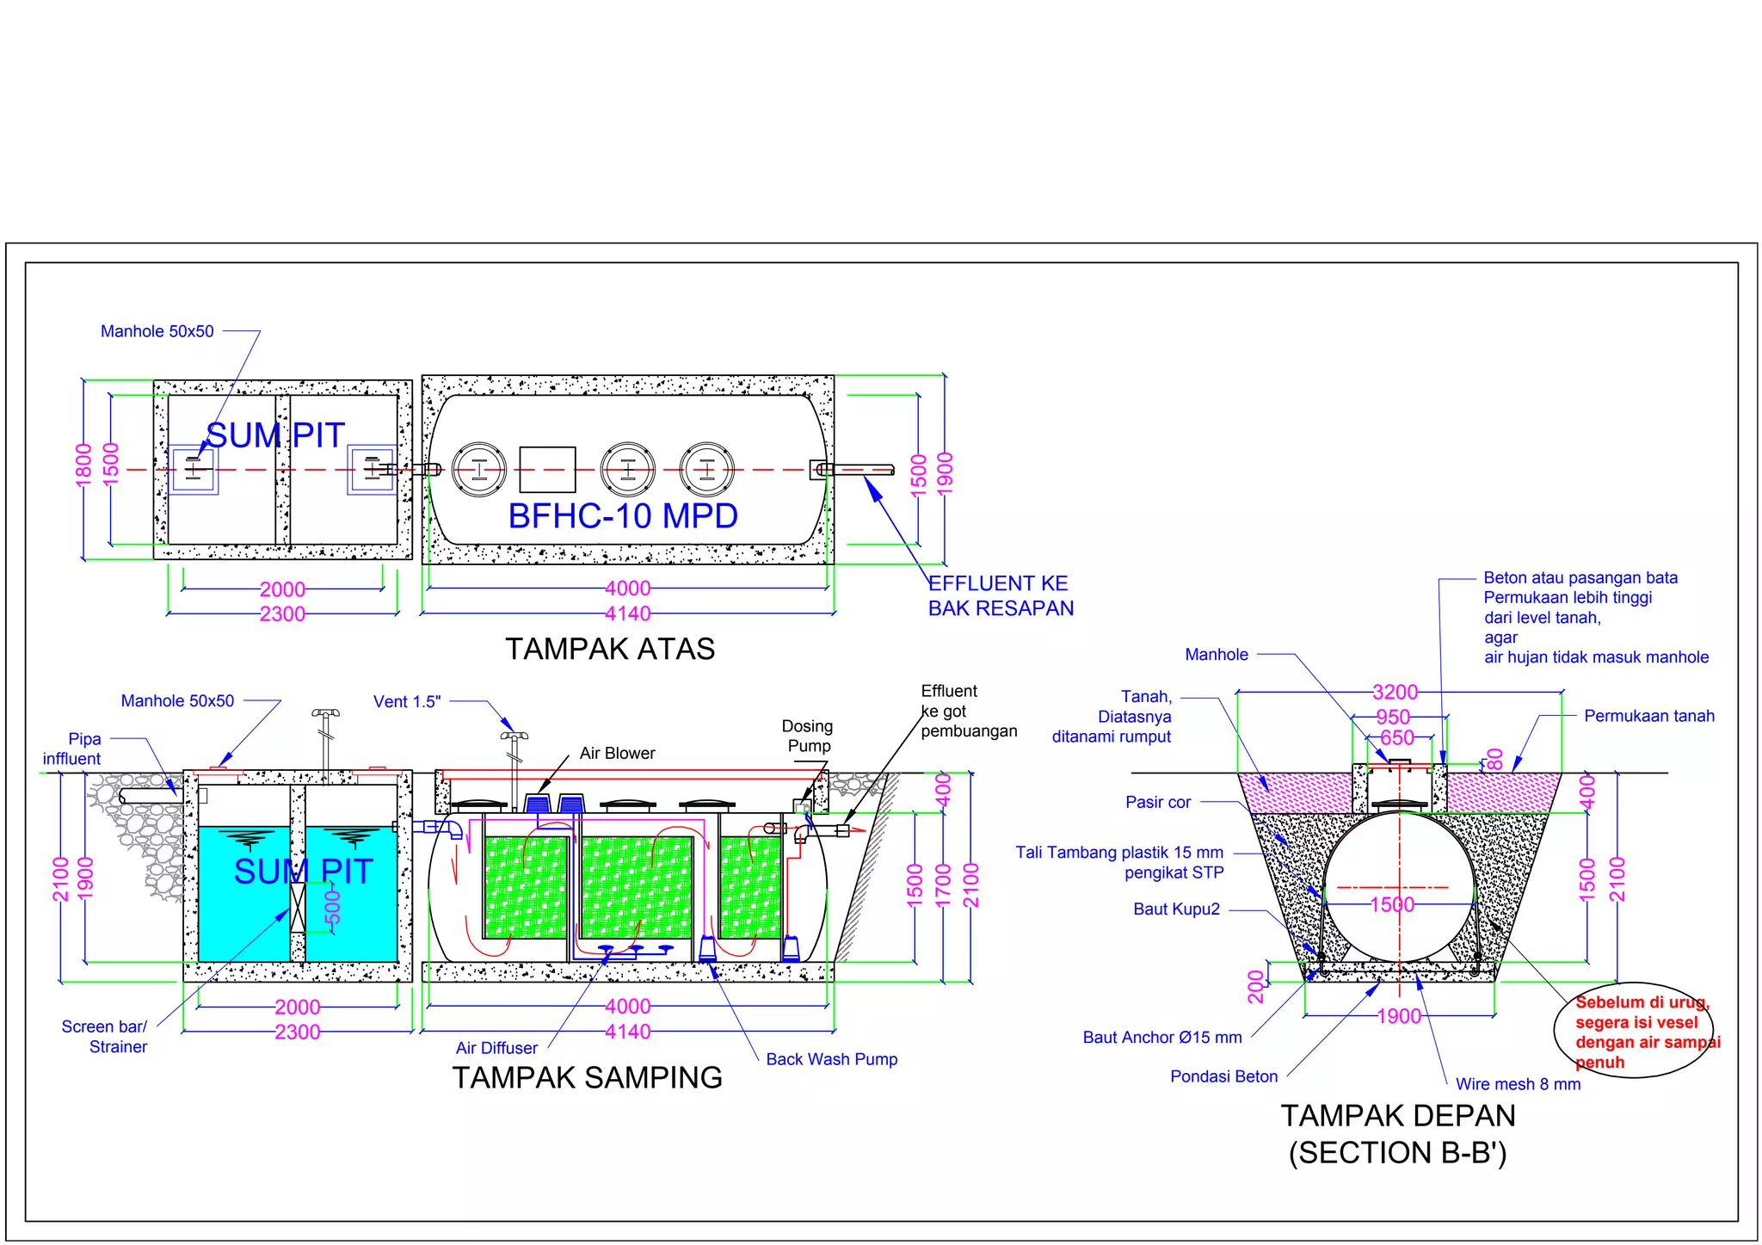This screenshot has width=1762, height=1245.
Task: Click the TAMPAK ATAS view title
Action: (x=609, y=649)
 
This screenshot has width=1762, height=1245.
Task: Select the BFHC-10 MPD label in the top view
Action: (x=623, y=516)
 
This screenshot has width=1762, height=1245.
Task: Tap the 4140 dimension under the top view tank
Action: (x=627, y=613)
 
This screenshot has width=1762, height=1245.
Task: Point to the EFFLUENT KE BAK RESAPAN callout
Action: (x=1000, y=595)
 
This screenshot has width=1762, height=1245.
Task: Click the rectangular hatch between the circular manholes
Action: (x=548, y=470)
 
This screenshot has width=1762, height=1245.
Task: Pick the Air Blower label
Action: (x=617, y=753)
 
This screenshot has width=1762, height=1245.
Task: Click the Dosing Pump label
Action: (x=807, y=736)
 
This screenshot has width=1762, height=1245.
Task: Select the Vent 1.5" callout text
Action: (x=407, y=701)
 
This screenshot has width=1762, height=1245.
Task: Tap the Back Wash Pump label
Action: (x=831, y=1059)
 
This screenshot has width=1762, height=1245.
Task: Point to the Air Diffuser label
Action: (x=496, y=1048)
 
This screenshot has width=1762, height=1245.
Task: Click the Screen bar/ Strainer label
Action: (x=105, y=1037)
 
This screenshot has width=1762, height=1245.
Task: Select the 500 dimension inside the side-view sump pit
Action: (x=333, y=908)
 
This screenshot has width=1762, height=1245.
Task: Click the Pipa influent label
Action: (x=73, y=749)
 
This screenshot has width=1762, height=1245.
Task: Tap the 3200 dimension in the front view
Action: (x=1395, y=692)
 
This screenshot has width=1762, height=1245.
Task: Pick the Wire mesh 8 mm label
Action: (x=1518, y=1084)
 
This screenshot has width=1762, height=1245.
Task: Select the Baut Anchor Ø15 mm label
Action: (x=1161, y=1038)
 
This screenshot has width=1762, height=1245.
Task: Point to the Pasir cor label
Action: (x=1158, y=802)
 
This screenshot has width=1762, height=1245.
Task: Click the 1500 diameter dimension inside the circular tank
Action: (x=1392, y=904)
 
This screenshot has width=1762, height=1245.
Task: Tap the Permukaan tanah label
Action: (x=1648, y=716)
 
